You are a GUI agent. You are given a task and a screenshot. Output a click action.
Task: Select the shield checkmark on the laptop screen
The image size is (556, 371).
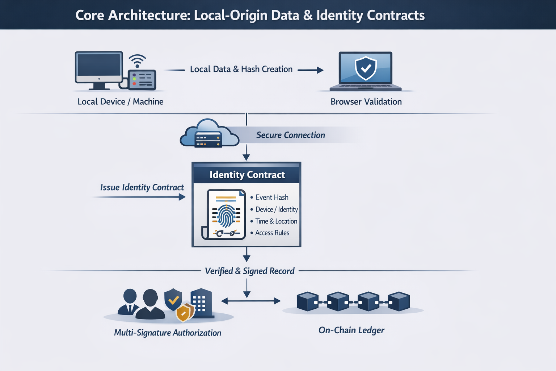click(366, 68)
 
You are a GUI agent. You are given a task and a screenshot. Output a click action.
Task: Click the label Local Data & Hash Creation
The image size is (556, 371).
click(241, 69)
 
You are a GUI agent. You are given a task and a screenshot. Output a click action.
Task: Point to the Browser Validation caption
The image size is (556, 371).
click(366, 102)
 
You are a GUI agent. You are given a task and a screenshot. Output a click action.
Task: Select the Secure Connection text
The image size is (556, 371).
click(290, 135)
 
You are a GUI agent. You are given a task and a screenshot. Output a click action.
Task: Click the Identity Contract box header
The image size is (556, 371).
click(247, 175)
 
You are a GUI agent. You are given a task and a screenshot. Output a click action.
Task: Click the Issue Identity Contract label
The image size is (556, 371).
click(142, 187)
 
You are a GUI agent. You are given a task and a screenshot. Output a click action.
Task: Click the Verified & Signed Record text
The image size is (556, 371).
click(250, 271)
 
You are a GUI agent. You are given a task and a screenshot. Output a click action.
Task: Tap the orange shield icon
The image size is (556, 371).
click(184, 313)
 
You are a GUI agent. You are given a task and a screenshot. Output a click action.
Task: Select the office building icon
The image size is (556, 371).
click(201, 303)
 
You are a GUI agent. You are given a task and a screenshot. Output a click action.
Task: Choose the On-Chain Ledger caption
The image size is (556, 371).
click(351, 330)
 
